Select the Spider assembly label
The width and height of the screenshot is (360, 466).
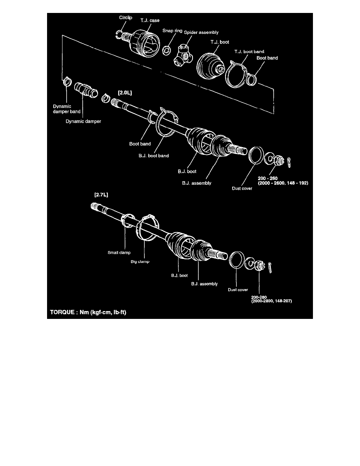click(201, 32)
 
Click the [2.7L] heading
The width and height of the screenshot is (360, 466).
click(102, 194)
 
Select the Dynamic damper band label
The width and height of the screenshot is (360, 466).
click(67, 109)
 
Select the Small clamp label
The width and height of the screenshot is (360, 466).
click(119, 253)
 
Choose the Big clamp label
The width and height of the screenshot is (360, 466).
click(140, 260)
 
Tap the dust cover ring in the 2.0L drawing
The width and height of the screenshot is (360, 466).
click(256, 155)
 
